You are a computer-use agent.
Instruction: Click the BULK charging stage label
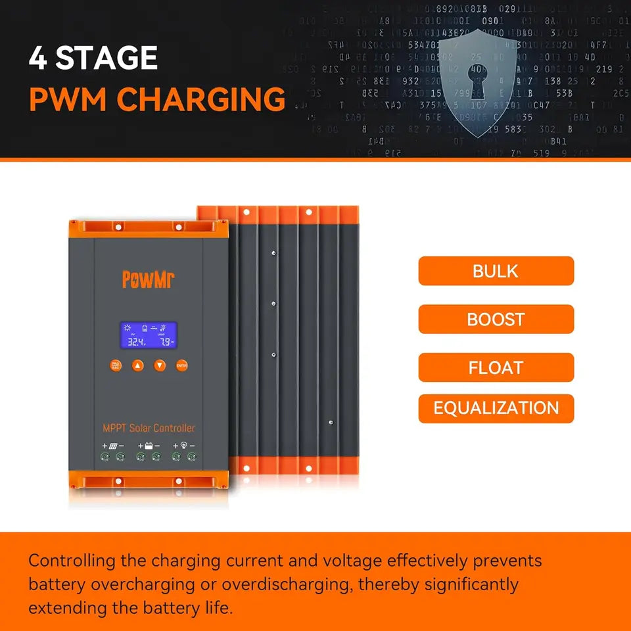pos(496,271)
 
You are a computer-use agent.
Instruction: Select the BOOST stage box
pos(496,319)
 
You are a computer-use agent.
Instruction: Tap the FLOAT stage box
pos(496,367)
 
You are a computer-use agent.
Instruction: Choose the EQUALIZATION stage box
pos(496,408)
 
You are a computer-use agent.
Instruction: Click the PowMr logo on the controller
pos(148,279)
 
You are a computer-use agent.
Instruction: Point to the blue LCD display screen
pos(149,335)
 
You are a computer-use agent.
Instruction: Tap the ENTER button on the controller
pos(182,365)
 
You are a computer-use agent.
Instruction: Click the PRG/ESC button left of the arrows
pos(116,365)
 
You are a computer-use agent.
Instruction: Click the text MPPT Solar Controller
pos(149,428)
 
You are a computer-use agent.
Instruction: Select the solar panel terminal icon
pos(112,446)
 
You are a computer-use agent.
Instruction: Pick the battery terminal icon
pos(149,446)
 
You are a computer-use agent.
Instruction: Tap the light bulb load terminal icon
pos(184,446)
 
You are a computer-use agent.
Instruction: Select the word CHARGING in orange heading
pos(202,99)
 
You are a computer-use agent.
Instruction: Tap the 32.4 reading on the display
pos(136,342)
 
